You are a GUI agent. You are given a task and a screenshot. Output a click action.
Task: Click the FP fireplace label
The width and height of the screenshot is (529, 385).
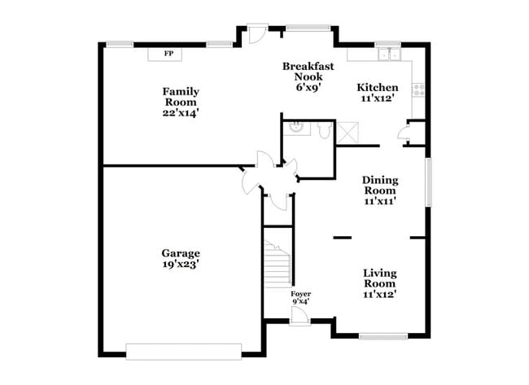tap(168, 55)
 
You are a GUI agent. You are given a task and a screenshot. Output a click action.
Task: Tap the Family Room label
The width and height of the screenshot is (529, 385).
tap(181, 92)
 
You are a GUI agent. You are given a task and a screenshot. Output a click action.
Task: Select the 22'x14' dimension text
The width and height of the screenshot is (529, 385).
tap(181, 113)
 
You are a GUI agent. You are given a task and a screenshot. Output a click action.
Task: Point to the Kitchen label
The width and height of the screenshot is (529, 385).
tap(378, 87)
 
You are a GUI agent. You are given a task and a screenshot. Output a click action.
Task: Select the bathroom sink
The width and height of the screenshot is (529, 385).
tap(298, 127)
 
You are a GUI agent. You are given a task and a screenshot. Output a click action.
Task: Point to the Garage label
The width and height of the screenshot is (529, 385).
tap(181, 253)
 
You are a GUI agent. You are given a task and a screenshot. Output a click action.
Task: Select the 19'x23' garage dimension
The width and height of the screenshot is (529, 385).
tap(181, 264)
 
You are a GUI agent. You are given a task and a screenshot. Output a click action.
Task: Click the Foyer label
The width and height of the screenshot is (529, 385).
tap(300, 294)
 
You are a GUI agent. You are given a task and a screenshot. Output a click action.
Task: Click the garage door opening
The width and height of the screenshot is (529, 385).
tap(184, 351)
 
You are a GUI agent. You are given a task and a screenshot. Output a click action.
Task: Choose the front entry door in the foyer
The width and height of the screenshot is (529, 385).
tap(299, 317)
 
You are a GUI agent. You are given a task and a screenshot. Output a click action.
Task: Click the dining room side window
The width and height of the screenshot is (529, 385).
tap(427, 183)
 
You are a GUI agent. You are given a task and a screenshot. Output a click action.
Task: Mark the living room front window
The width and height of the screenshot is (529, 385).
tap(383, 336)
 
